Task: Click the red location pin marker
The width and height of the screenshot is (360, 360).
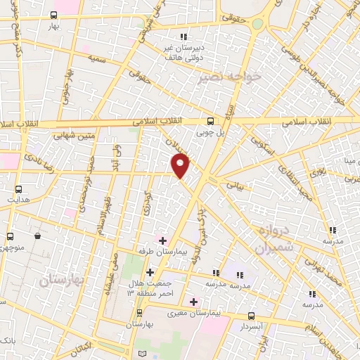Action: [x=181, y=166]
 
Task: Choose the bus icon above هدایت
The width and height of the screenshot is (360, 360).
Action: [x=18, y=189]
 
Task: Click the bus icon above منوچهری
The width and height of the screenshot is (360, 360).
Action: [x=9, y=236]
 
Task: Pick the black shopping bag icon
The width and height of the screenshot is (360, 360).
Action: [x=37, y=236]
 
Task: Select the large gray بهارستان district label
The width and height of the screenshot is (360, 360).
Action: [x=62, y=280]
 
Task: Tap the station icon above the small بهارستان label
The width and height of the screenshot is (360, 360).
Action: [x=139, y=312]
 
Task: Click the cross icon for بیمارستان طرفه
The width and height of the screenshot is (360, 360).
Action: [x=162, y=240]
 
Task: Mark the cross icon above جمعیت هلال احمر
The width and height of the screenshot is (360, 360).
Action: [x=150, y=271]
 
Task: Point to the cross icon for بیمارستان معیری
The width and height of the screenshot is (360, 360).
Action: [x=193, y=301]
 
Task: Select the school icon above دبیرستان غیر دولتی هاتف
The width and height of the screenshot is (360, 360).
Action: [x=184, y=37]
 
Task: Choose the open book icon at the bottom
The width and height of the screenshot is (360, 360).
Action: [x=143, y=352]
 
